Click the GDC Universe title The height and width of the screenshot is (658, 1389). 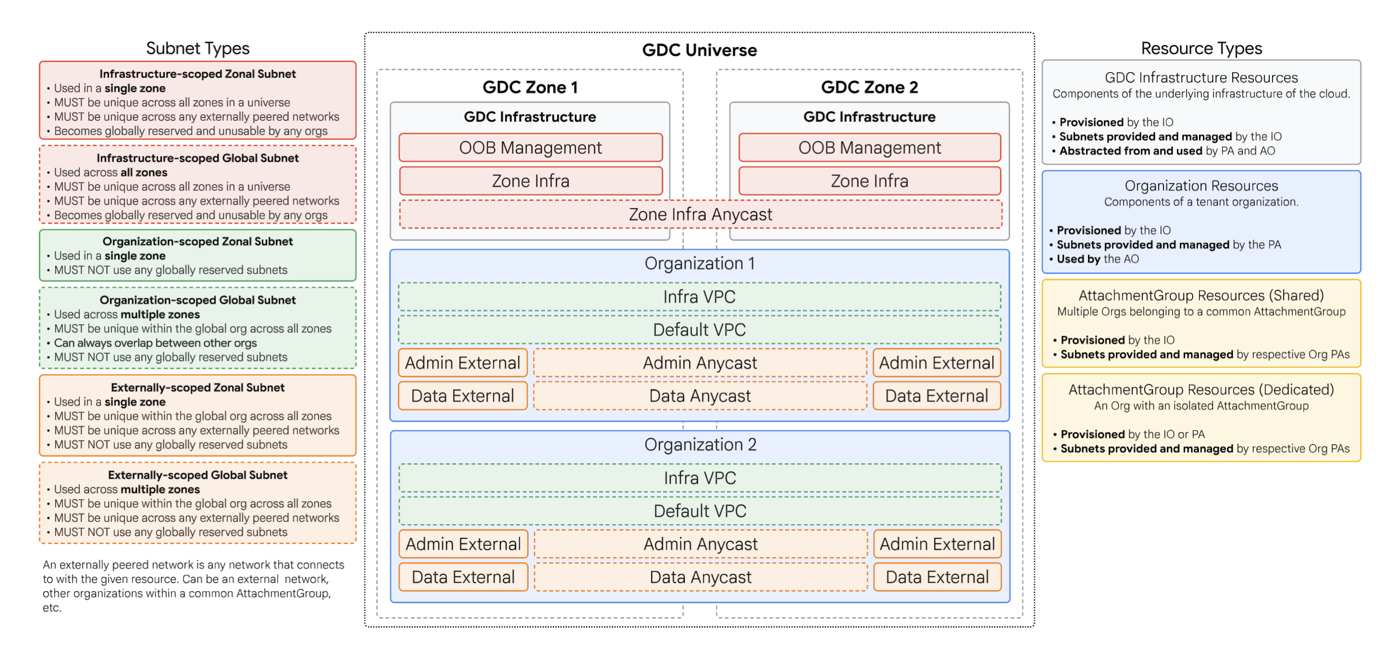coord(699,50)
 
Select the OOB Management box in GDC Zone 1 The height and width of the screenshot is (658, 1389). coord(530,147)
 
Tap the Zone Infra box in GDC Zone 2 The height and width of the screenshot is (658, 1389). coord(869,181)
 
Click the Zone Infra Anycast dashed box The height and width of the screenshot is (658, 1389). coord(700,214)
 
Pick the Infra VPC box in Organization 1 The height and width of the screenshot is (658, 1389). coord(699,297)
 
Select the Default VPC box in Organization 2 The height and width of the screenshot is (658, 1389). coord(700,511)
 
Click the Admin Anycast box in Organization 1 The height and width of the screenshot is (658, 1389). coord(700,363)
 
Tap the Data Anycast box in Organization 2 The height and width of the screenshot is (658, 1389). coord(700,577)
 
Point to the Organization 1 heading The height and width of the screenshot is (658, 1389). coord(699,263)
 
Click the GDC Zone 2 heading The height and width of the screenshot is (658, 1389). coord(869,88)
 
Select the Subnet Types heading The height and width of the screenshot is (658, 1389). coord(197,49)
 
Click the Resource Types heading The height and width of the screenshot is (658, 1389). coord(1201,49)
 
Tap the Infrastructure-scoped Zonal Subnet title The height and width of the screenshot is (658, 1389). coord(197,74)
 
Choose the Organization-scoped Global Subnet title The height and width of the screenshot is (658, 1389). coord(197,300)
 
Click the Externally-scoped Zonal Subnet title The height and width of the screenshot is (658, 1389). coord(197,387)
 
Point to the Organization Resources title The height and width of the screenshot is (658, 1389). coord(1201,186)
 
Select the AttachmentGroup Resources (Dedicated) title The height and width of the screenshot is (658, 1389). coord(1201,390)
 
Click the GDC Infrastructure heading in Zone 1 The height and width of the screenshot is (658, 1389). coord(530,116)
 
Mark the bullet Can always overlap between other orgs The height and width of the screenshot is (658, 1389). coord(155,343)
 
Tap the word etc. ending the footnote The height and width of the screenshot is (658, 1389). coord(52,608)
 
